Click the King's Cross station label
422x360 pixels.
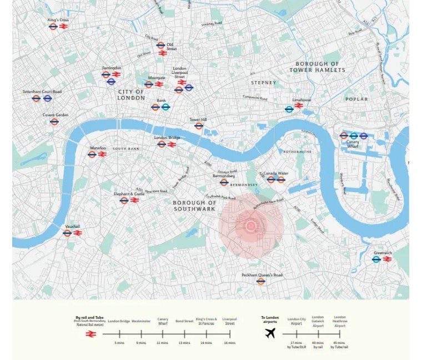[x=58, y=20]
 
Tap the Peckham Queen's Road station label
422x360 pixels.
[x=262, y=275]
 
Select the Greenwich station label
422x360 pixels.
[x=383, y=253]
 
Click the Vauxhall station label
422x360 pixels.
[x=72, y=226]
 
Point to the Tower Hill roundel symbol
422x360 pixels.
[x=199, y=126]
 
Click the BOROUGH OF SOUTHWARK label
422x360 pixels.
[x=194, y=206]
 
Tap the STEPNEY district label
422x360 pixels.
[x=263, y=83]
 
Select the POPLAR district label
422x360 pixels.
[x=356, y=99]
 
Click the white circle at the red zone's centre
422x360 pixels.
[x=250, y=226]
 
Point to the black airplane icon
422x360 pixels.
[x=270, y=333]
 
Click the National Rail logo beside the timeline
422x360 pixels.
[x=91, y=334]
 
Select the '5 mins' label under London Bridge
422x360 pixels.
[x=119, y=343]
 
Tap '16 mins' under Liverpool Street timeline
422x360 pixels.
[x=229, y=343]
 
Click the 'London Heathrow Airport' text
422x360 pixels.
[x=339, y=322]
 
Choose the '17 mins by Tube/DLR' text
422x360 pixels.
[x=296, y=345]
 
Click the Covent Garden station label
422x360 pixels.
[x=56, y=115]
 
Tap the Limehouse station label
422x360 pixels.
[x=302, y=100]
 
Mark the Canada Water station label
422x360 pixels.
[x=275, y=173]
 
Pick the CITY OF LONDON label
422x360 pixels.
[x=131, y=94]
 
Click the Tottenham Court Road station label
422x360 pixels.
[x=42, y=92]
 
